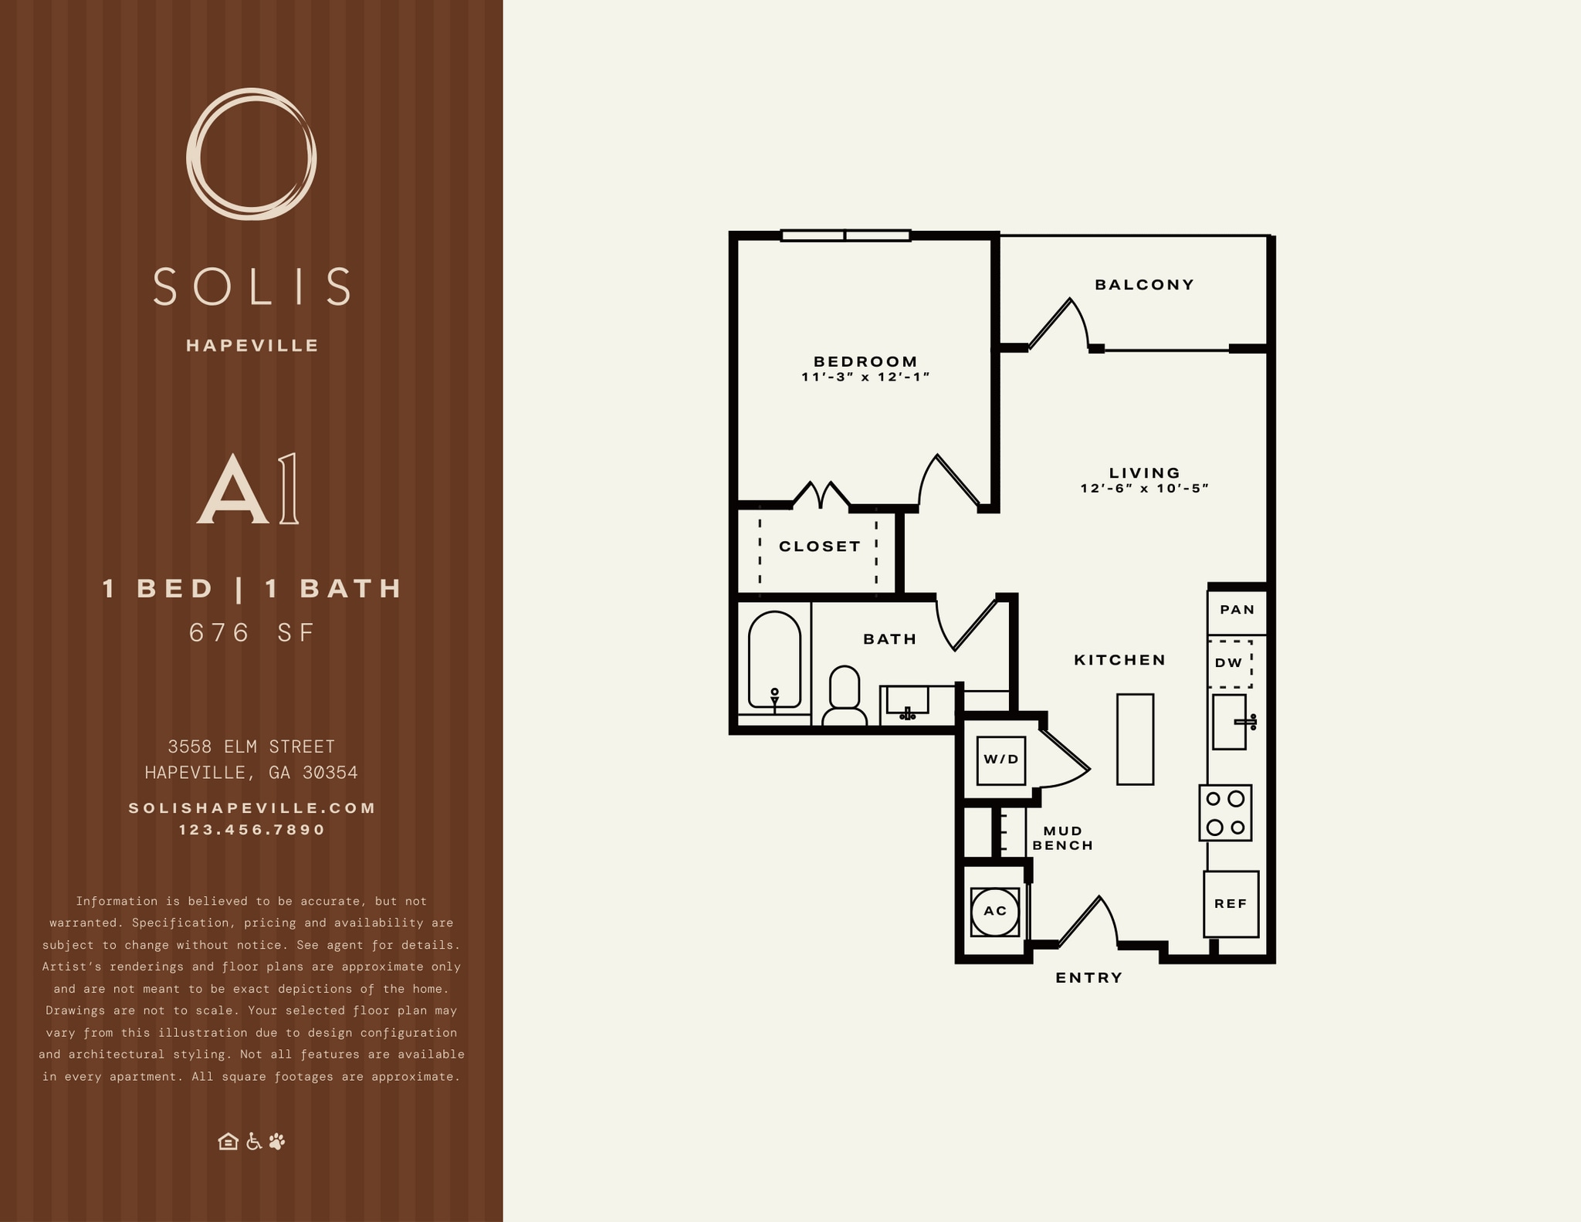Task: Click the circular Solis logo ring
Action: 195,154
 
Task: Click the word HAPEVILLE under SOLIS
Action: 252,346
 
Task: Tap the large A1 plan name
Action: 248,489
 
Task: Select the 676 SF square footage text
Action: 252,633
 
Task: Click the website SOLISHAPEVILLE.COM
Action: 252,808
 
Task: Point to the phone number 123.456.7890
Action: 252,830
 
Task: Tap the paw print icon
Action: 277,1141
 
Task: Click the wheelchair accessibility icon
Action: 253,1141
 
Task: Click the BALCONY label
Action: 1144,285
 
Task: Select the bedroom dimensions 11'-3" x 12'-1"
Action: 865,377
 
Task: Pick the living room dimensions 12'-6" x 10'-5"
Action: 1144,489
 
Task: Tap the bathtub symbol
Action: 774,662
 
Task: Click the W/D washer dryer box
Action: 1001,760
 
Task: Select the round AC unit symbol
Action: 995,911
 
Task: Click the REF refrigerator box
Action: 1231,904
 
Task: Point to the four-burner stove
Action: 1225,813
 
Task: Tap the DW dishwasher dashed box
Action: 1229,663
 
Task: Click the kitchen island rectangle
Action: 1135,740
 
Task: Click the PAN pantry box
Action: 1237,610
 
